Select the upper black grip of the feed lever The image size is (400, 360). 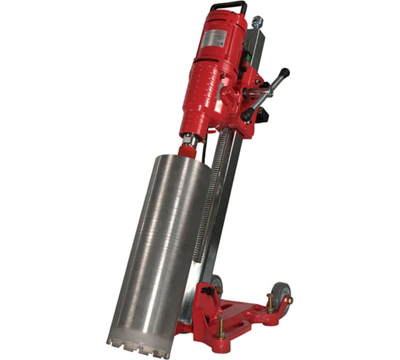tap(282, 74)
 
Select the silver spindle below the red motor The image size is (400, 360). tap(191, 140)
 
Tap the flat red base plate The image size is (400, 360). tap(243, 314)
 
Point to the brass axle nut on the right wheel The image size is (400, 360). tap(288, 300)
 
